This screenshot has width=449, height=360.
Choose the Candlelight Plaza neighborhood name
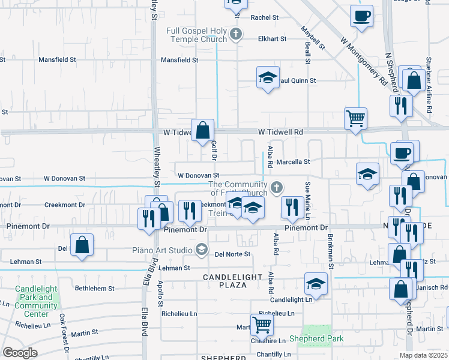pos(232,281)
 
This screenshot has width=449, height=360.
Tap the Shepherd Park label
pos(316,339)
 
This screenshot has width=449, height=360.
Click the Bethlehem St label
pos(94,289)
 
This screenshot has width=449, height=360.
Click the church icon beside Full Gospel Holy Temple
pos(237,34)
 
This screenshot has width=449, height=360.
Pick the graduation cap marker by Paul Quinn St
pos(268,77)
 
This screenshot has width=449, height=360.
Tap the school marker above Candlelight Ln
pos(316,283)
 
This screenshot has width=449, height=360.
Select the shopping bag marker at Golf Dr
pos(203,128)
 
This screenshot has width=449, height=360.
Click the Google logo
pos(20,353)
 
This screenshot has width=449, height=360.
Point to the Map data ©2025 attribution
pos(423,355)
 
